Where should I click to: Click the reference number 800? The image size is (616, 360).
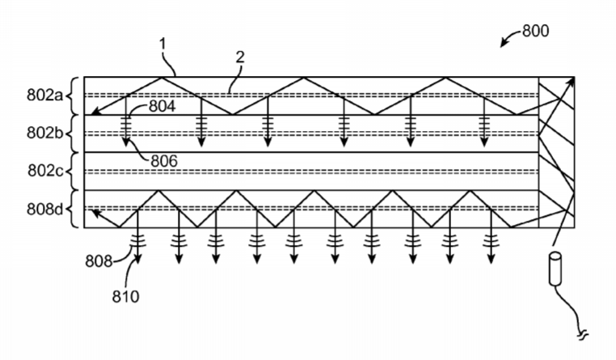coord(535,31)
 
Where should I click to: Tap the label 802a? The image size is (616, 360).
coord(44,95)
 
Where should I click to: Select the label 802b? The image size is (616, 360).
coord(44,133)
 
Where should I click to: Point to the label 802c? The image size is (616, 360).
coord(45,171)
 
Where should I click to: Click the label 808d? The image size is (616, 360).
coord(44,209)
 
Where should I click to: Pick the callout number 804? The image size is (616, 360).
coord(162,106)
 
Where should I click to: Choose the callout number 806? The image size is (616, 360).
coord(164,161)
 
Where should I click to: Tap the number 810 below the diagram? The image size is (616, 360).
coord(126,296)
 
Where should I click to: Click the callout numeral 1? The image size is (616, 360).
coord(163,44)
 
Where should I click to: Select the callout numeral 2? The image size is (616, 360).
coord(240,57)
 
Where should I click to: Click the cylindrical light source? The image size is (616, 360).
coord(555,269)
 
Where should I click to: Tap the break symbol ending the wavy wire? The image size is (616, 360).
coord(583,335)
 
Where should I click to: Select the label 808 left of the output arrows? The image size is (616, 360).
coord(99,261)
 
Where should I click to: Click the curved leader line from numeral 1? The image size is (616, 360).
coord(168,63)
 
